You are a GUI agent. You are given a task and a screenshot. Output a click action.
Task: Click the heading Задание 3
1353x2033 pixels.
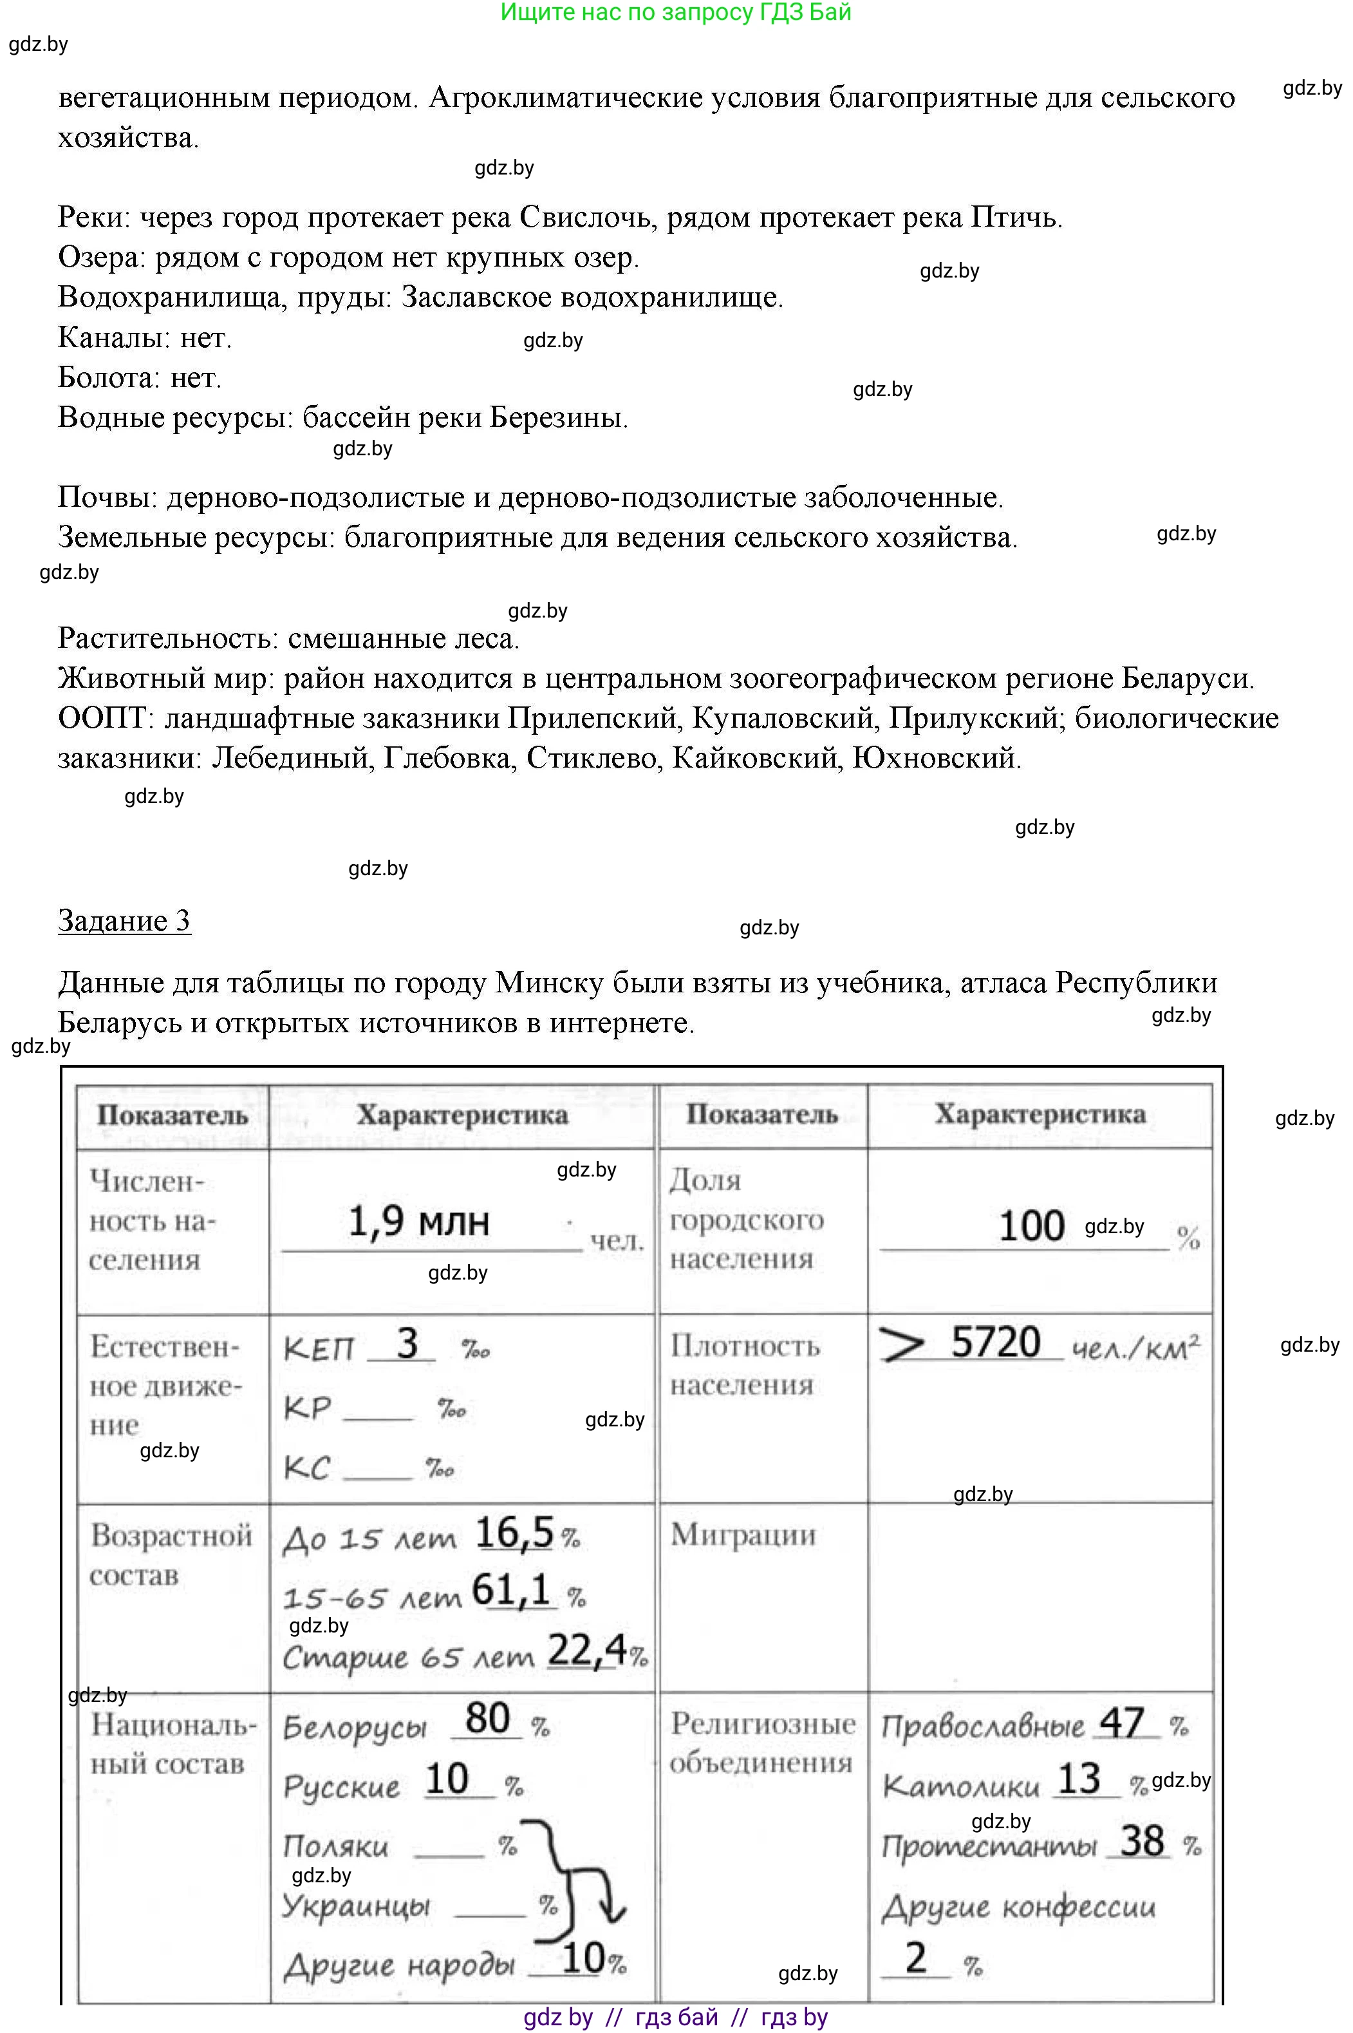(124, 921)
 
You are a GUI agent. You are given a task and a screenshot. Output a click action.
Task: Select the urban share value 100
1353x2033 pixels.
(1031, 1226)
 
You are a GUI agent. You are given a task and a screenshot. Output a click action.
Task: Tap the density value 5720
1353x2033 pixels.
(995, 1343)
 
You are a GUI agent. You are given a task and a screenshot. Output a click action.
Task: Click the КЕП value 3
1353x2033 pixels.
(406, 1344)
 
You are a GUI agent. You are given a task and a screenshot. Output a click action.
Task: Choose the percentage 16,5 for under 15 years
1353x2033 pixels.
(514, 1533)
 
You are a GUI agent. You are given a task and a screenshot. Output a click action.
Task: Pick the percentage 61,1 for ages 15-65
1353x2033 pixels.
(512, 1589)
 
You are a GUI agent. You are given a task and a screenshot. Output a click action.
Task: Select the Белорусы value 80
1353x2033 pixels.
(487, 1718)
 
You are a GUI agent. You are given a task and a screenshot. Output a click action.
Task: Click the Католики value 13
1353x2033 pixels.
(1079, 1779)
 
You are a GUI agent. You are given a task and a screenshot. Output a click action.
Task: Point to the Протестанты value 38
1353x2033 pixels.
(1143, 1840)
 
